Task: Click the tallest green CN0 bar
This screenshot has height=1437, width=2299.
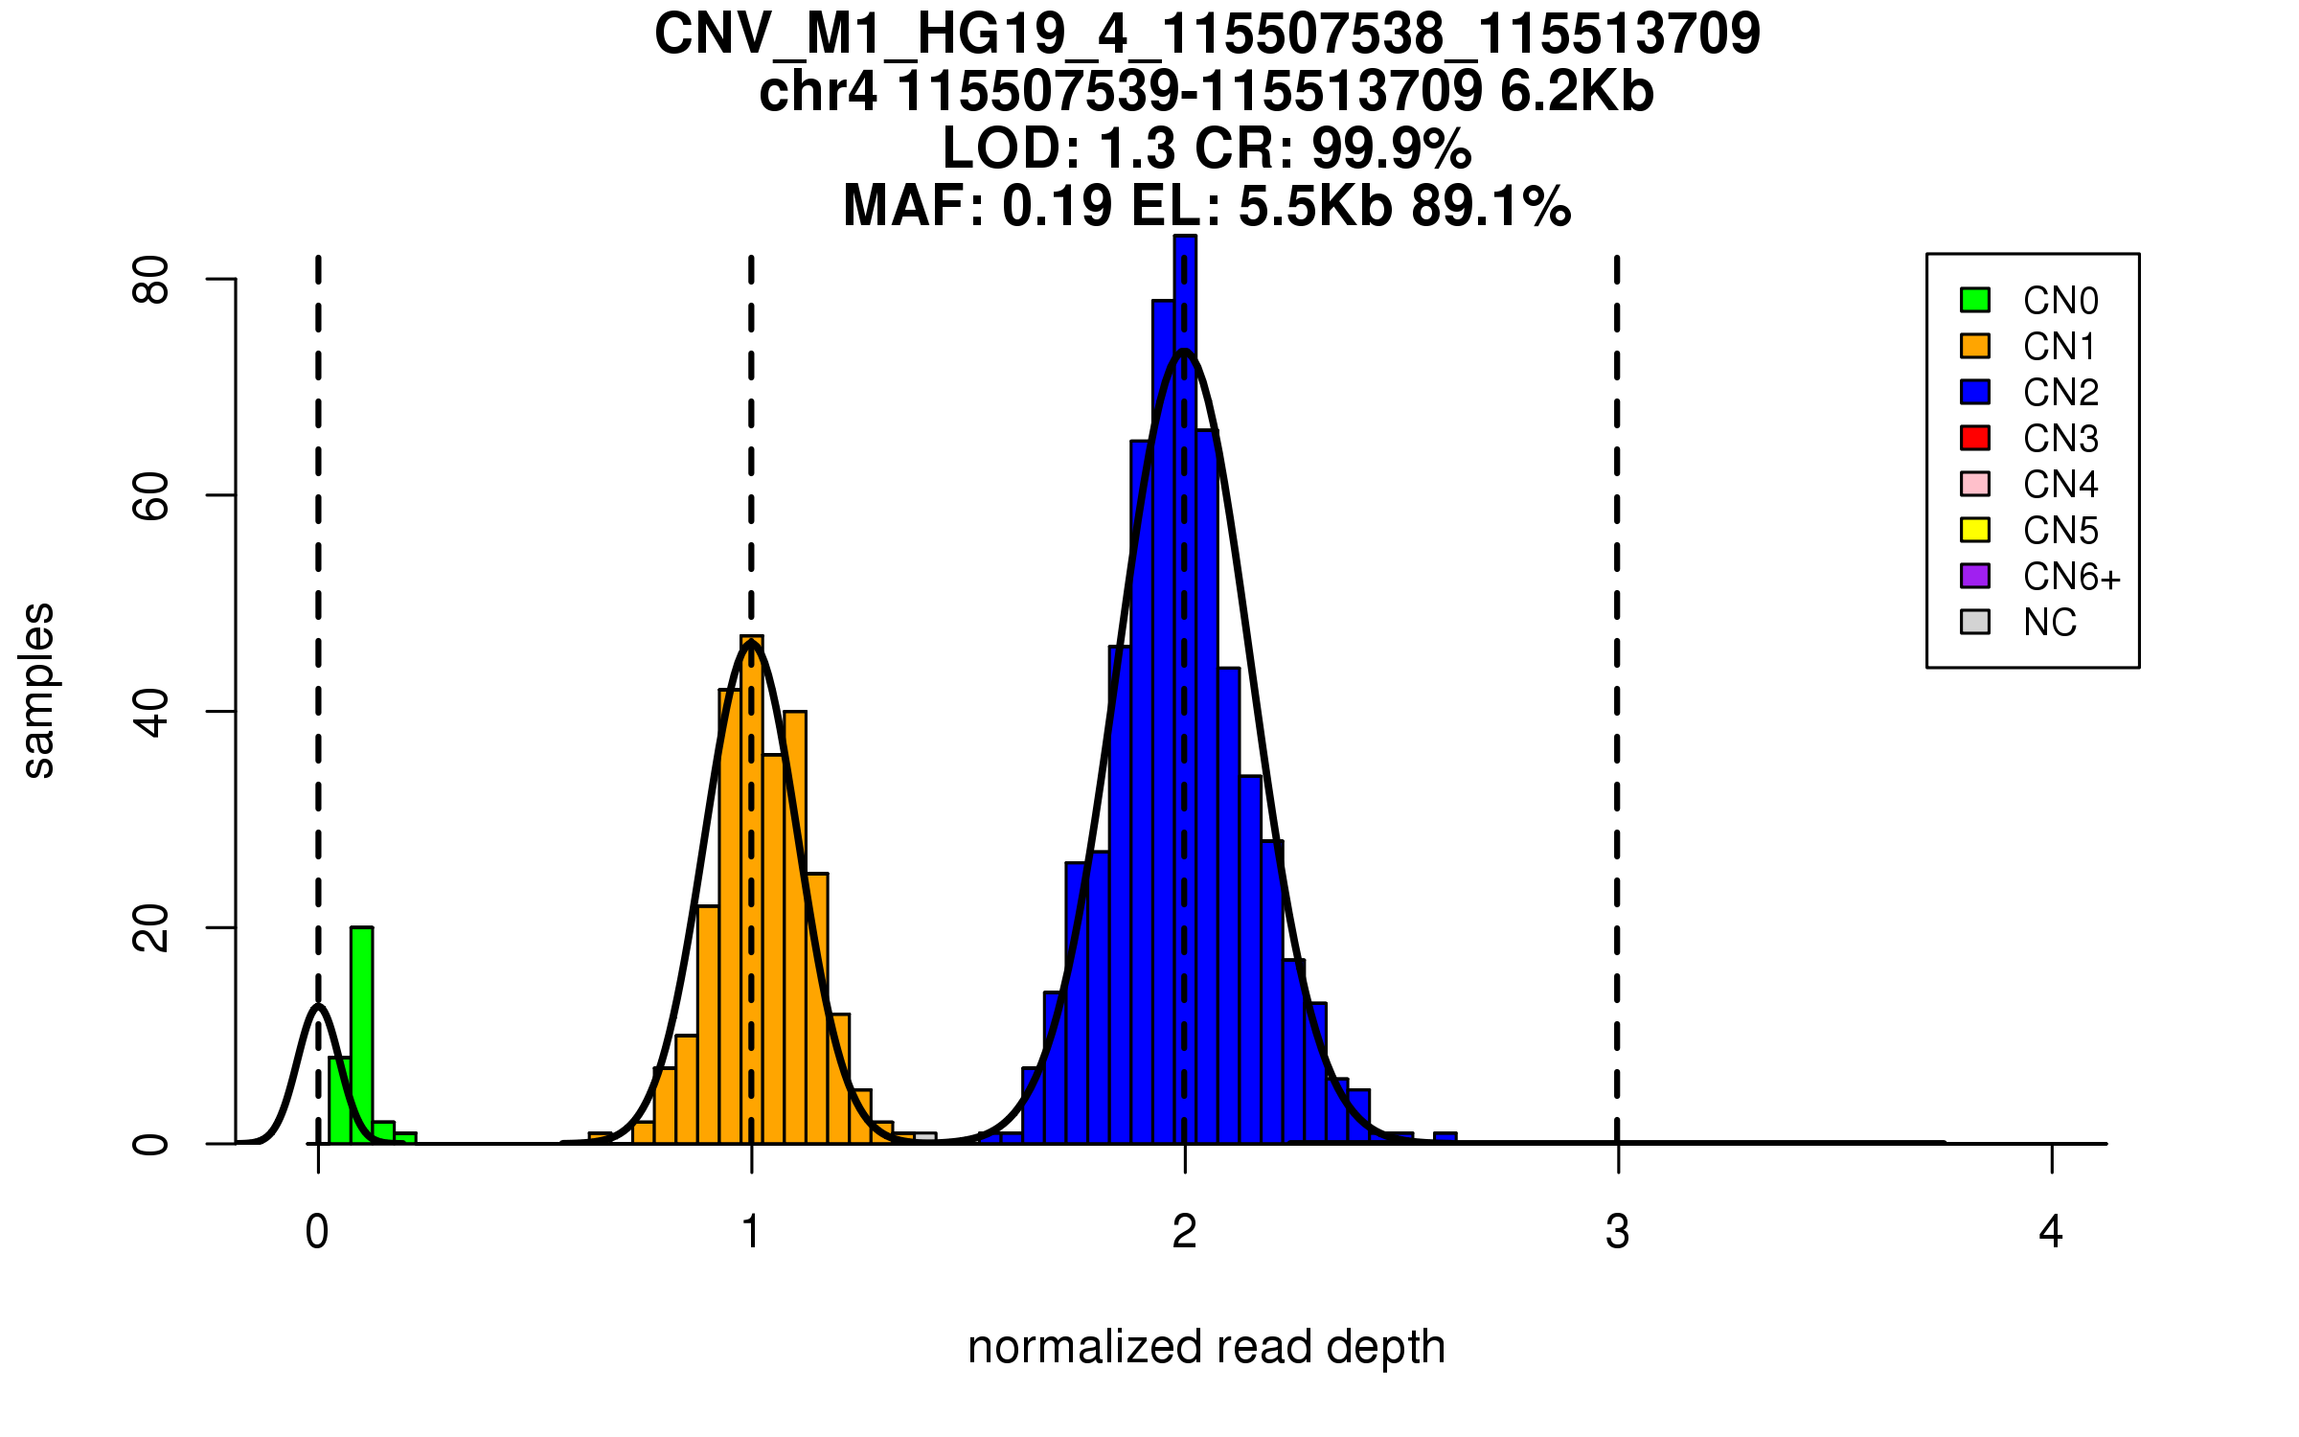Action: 361,1035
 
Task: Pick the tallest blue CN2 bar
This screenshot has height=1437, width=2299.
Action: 1185,690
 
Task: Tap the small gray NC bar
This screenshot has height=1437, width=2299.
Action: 925,1137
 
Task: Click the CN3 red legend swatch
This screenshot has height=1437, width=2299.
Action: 1975,438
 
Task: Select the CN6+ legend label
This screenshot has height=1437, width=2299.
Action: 2071,577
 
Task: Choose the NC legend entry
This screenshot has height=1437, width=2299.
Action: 2049,623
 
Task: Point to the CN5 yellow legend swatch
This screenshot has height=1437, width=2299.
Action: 1975,530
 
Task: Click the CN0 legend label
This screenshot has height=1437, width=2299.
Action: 2060,301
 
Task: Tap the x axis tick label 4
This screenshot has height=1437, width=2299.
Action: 2051,1232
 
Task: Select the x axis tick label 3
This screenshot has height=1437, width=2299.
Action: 1618,1232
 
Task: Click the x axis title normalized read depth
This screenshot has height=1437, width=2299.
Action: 1206,1347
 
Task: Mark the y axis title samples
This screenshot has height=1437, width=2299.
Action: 38,690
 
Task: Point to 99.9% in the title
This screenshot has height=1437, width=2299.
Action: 1391,148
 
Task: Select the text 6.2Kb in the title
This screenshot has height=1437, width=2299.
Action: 1577,92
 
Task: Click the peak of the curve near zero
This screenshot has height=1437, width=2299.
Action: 318,1006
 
